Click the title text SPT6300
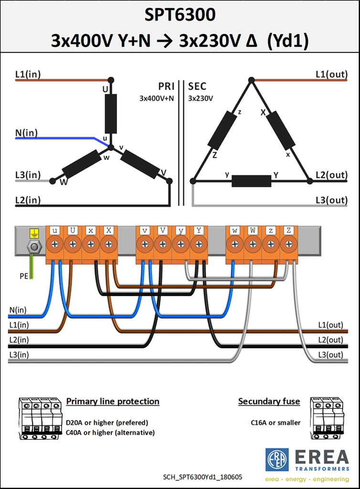[x=180, y=15]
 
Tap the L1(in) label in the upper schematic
[x=28, y=74]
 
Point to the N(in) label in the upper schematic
[x=26, y=133]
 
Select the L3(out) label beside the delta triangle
[x=332, y=200]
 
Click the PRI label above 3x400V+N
[x=167, y=86]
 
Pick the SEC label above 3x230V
[x=197, y=86]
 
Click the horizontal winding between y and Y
[x=252, y=181]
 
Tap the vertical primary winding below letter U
[x=111, y=114]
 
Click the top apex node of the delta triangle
[x=251, y=80]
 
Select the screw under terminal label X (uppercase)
[x=109, y=244]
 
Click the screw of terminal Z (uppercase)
[x=289, y=244]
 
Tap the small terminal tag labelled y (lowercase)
[x=181, y=231]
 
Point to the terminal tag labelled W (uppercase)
[x=253, y=231]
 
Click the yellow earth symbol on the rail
[x=34, y=233]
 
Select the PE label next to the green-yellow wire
[x=24, y=276]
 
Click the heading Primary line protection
[x=113, y=401]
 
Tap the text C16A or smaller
[x=275, y=423]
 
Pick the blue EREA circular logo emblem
[x=277, y=460]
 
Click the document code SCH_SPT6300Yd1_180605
[x=202, y=477]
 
